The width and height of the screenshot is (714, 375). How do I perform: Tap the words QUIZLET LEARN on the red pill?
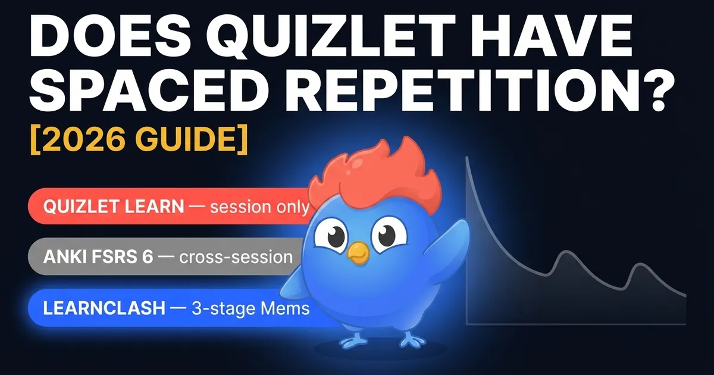point(114,207)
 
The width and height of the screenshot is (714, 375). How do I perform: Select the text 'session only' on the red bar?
point(260,207)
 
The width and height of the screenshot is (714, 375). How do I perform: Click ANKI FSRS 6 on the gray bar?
point(98,257)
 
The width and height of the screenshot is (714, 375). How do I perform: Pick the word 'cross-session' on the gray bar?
point(236,257)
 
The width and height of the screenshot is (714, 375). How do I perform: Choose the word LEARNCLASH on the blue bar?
point(104,308)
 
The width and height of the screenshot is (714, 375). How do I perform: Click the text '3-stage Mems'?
point(250,309)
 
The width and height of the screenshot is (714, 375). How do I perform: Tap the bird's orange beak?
point(358,253)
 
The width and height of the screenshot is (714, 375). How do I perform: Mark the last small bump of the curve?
point(640,265)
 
